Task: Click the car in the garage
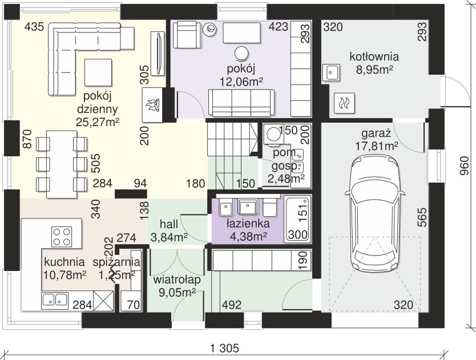pos(374,213)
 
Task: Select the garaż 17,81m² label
pos(377,140)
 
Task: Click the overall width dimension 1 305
pos(225,348)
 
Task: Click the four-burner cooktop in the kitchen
pos(62,236)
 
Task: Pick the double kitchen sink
pos(55,300)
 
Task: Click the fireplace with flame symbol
pos(152,105)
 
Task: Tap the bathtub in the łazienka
pos(297,219)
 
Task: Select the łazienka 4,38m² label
pos(248,230)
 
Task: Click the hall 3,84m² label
pos(169,230)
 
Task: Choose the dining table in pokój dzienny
pos(62,164)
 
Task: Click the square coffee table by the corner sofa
pos(98,72)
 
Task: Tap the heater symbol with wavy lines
pos(344,103)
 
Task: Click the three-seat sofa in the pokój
pos(241,103)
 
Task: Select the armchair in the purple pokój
pos(187,34)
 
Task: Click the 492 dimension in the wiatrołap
pos(232,305)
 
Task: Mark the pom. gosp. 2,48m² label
pos(287,165)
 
